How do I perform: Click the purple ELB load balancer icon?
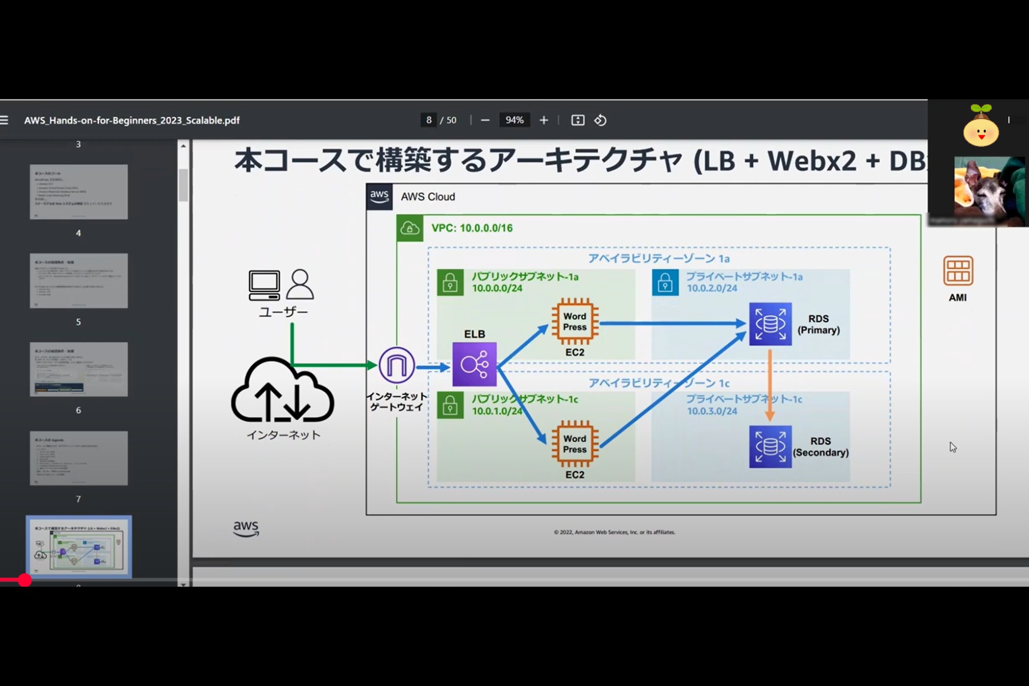[x=474, y=364]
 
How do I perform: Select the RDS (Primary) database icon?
[x=770, y=324]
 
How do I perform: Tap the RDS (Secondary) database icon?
[x=770, y=446]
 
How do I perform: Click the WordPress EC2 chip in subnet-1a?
[x=575, y=322]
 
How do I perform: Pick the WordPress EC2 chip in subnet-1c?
[x=575, y=444]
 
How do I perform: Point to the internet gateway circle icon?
[x=397, y=365]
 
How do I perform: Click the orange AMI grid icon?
[x=958, y=271]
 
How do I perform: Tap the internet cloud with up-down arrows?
[x=282, y=392]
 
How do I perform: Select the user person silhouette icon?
[x=300, y=284]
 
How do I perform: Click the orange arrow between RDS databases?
[x=769, y=385]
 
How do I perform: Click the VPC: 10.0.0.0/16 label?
[x=472, y=228]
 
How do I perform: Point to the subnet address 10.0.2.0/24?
[x=712, y=288]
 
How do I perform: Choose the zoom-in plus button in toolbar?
[x=544, y=120]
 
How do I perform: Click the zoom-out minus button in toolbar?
[x=485, y=120]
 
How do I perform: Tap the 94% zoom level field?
[x=514, y=120]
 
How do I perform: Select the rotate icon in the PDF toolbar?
[x=600, y=120]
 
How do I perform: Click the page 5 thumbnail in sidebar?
[x=79, y=369]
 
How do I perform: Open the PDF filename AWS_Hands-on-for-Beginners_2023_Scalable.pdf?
[x=131, y=121]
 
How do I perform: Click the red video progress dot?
[x=25, y=580]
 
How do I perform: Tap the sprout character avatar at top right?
[x=981, y=127]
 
